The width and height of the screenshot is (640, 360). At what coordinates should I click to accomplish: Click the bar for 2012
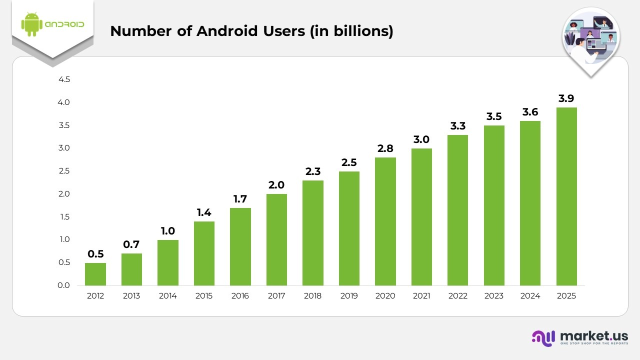coord(95,274)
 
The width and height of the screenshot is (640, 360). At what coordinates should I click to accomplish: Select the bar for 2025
coord(566,196)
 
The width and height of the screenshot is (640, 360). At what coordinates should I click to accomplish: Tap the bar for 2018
coord(312,233)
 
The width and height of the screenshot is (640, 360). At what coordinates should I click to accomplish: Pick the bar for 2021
coord(421,217)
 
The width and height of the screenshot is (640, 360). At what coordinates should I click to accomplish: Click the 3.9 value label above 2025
coord(566,98)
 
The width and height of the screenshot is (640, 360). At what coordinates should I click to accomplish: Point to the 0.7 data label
coord(131,244)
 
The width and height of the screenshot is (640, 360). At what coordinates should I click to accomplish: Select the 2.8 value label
coord(385,148)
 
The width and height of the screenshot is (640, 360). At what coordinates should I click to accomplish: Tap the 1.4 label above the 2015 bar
coord(204,212)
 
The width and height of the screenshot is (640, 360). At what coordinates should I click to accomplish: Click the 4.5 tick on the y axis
coord(64,79)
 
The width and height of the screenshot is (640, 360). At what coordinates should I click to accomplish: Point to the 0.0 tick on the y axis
coord(64,285)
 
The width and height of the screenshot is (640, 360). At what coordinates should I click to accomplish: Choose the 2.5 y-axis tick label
coord(64,171)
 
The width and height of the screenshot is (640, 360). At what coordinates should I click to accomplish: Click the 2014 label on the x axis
coord(167,296)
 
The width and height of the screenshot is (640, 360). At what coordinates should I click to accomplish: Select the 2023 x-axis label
coord(493,296)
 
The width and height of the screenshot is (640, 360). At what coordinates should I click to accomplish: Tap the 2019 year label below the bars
coord(349,296)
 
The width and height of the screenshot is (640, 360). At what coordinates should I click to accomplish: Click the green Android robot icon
coord(31,24)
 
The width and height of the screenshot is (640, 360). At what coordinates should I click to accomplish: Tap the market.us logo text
coord(594,335)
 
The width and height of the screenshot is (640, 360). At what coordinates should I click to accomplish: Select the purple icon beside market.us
coord(543,338)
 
